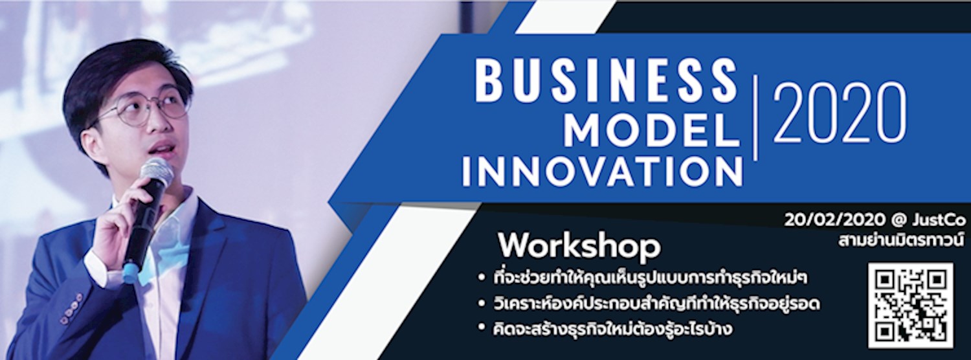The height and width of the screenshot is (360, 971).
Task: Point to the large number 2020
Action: [x=840, y=113]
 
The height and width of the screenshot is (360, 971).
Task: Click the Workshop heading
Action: [x=579, y=247]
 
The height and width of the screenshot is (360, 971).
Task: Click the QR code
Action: [x=911, y=305]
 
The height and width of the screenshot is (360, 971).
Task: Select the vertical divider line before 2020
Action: [x=755, y=117]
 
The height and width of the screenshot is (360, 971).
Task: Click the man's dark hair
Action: [x=117, y=71]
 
